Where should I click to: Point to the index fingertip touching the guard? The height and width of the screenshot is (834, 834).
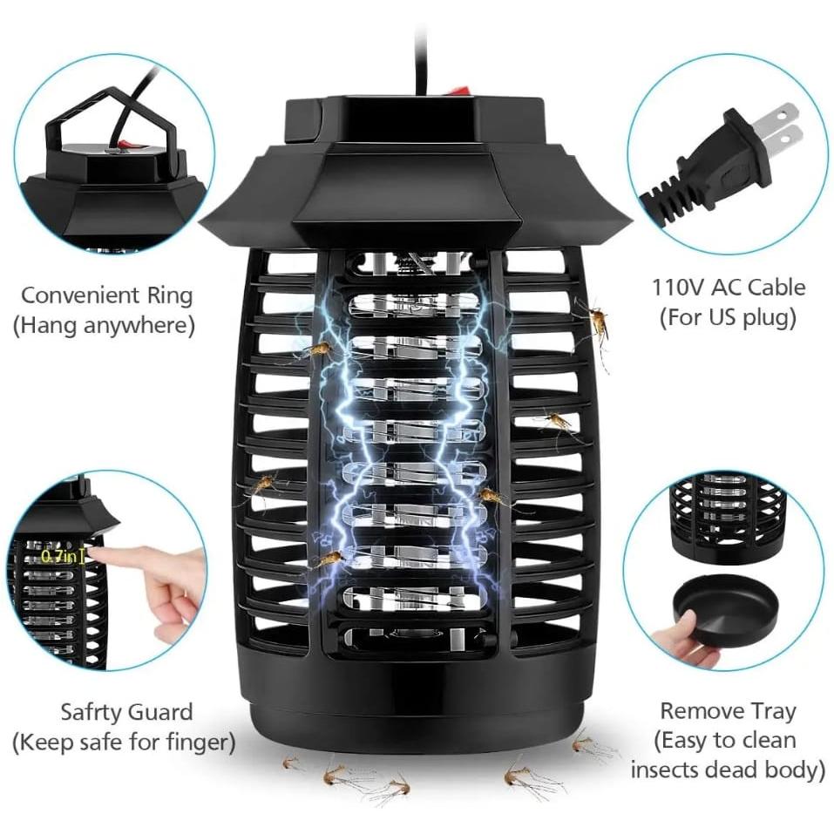click(x=98, y=554)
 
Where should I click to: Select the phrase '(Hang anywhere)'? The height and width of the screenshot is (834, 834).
click(x=103, y=326)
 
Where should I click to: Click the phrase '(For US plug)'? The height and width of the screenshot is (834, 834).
click(x=728, y=317)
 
